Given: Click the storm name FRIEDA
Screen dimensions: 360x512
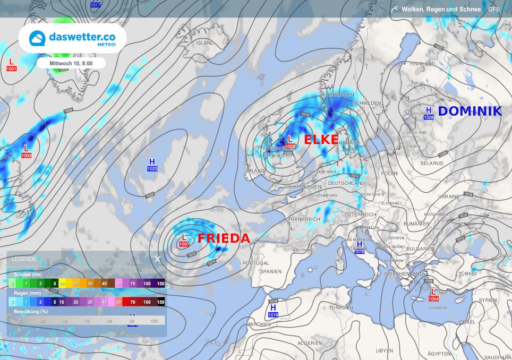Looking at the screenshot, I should click(224, 238).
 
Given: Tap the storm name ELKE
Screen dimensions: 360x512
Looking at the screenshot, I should click(321, 140).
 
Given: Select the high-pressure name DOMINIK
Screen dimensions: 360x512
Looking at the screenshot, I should click(470, 111).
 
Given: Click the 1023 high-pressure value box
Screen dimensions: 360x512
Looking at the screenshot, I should click(152, 169).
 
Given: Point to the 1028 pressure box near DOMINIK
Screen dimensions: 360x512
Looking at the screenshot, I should click(429, 117).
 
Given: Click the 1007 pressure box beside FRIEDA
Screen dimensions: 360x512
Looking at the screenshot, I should click(184, 244).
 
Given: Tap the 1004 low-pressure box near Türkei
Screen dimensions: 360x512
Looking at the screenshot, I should click(433, 298).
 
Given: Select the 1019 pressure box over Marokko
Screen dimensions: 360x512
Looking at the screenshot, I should click(274, 315).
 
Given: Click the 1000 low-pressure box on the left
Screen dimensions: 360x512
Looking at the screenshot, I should click(27, 155).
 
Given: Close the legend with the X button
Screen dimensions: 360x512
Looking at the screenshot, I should click(157, 259).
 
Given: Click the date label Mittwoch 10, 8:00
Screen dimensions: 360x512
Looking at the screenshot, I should click(71, 63).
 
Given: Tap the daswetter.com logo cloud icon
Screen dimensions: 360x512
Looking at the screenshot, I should click(37, 38).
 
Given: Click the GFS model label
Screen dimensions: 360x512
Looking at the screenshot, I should click(494, 9).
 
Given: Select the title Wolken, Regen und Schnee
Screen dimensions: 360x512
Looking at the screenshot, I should click(441, 9).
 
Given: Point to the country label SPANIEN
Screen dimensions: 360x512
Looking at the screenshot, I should click(271, 271).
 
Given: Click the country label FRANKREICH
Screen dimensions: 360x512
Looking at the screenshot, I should click(304, 219).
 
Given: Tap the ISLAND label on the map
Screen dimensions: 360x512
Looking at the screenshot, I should click(206, 44).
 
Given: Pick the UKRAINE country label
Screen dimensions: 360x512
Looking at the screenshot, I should click(449, 196).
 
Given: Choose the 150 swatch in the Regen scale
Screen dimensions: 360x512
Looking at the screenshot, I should click(160, 302).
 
